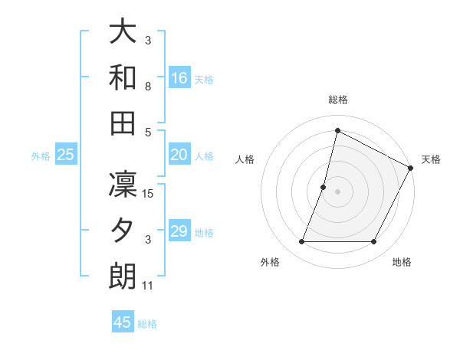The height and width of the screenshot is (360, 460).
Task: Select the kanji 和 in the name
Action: click(x=123, y=77)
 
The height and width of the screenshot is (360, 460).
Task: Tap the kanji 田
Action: click(x=123, y=122)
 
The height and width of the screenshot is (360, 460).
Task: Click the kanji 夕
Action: click(x=123, y=231)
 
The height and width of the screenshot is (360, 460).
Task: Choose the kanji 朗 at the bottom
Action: click(x=123, y=276)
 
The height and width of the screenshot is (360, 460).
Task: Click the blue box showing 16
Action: click(x=179, y=77)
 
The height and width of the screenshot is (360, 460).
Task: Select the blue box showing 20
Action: click(x=179, y=155)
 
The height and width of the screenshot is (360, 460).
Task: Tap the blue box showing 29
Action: click(x=179, y=231)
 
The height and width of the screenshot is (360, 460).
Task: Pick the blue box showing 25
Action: click(x=66, y=155)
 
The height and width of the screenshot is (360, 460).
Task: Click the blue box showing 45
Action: click(x=123, y=322)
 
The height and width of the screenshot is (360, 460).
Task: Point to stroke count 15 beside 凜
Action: click(x=149, y=194)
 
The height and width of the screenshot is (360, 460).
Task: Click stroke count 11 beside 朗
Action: click(x=148, y=286)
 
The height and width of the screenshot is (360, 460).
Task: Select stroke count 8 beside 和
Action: click(x=148, y=87)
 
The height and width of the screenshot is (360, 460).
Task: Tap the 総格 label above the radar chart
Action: click(x=338, y=100)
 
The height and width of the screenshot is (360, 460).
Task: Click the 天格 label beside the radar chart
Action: click(x=431, y=159)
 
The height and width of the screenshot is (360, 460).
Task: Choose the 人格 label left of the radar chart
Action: click(x=245, y=159)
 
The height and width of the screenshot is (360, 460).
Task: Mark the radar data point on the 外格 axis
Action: click(x=301, y=242)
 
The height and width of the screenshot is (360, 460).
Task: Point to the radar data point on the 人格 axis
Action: click(x=324, y=187)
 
